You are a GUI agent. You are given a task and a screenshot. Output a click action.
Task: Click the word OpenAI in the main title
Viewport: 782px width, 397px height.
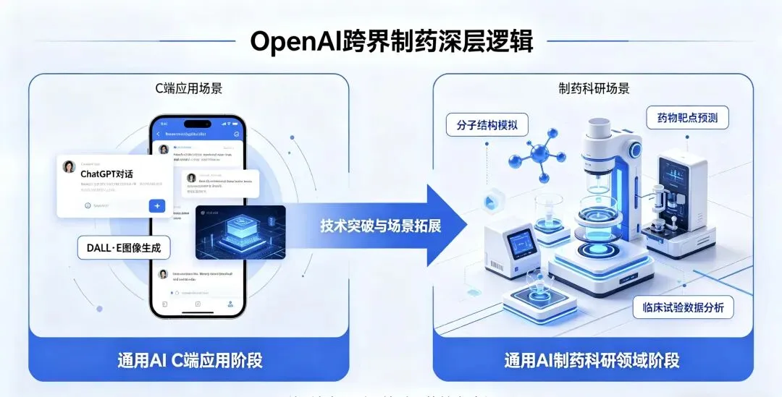tap(295, 40)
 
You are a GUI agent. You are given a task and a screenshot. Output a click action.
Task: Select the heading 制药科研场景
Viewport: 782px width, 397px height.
tap(594, 89)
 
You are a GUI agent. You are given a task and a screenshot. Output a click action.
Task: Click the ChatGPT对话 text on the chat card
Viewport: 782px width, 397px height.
tap(106, 174)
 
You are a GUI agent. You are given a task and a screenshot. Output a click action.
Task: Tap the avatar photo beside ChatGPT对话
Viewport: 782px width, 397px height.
tap(70, 167)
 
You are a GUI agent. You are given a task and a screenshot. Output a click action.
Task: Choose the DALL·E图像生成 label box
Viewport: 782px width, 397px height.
tap(124, 249)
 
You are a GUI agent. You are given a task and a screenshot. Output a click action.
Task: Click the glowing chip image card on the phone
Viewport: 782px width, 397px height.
tap(240, 232)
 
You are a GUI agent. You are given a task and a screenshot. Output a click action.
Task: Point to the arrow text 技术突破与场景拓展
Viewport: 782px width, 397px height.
tap(381, 225)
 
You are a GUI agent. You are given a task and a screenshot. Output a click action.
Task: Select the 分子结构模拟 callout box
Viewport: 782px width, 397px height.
tap(487, 124)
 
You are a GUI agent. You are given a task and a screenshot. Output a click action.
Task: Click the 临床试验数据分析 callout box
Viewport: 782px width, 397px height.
tap(684, 308)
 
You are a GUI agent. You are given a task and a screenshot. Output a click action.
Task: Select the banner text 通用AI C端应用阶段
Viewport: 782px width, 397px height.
tap(190, 359)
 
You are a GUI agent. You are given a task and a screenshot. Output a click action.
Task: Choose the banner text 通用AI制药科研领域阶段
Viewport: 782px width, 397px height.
tap(592, 359)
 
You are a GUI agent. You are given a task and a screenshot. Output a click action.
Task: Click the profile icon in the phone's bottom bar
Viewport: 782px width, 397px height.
tap(230, 304)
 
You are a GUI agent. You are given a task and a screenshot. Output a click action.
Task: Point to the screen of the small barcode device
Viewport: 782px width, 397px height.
tap(521, 243)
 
